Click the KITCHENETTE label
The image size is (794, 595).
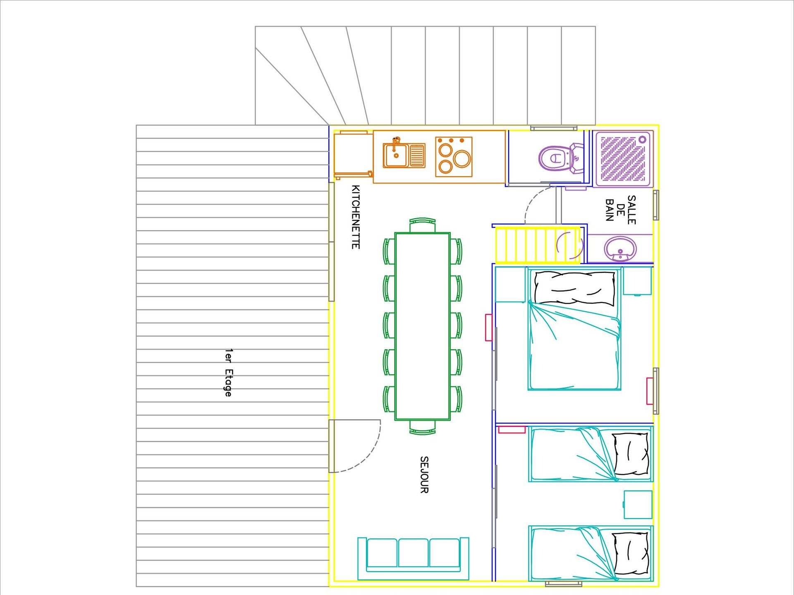click(355, 217)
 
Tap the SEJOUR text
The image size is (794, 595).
click(424, 475)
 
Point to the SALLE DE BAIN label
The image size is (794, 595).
click(620, 210)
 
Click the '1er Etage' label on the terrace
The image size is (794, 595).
click(228, 373)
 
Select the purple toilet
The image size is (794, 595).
click(560, 157)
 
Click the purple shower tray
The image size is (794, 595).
click(623, 159)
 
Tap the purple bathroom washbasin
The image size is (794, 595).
click(620, 249)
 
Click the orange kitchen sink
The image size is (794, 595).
click(404, 155)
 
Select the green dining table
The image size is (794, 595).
click(422, 326)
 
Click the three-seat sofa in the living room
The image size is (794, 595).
click(413, 558)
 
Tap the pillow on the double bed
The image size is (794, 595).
click(574, 288)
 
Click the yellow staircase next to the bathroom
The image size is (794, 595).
click(538, 245)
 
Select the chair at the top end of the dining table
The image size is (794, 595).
click(422, 225)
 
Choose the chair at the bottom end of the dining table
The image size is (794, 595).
click(422, 428)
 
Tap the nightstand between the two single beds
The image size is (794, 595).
click(638, 505)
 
